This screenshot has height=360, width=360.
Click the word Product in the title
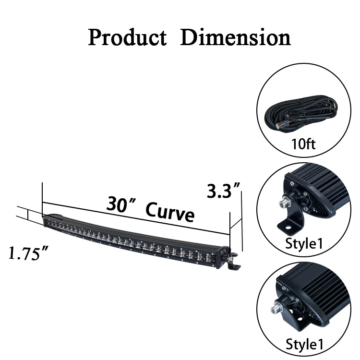[127, 37]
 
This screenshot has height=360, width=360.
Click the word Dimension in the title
[236, 37]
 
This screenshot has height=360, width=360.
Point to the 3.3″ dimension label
[223, 191]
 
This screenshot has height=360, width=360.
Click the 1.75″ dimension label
[28, 253]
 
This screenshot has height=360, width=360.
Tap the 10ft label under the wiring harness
[303, 144]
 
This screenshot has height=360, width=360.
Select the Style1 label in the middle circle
[304, 243]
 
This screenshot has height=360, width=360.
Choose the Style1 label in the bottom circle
[304, 344]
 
